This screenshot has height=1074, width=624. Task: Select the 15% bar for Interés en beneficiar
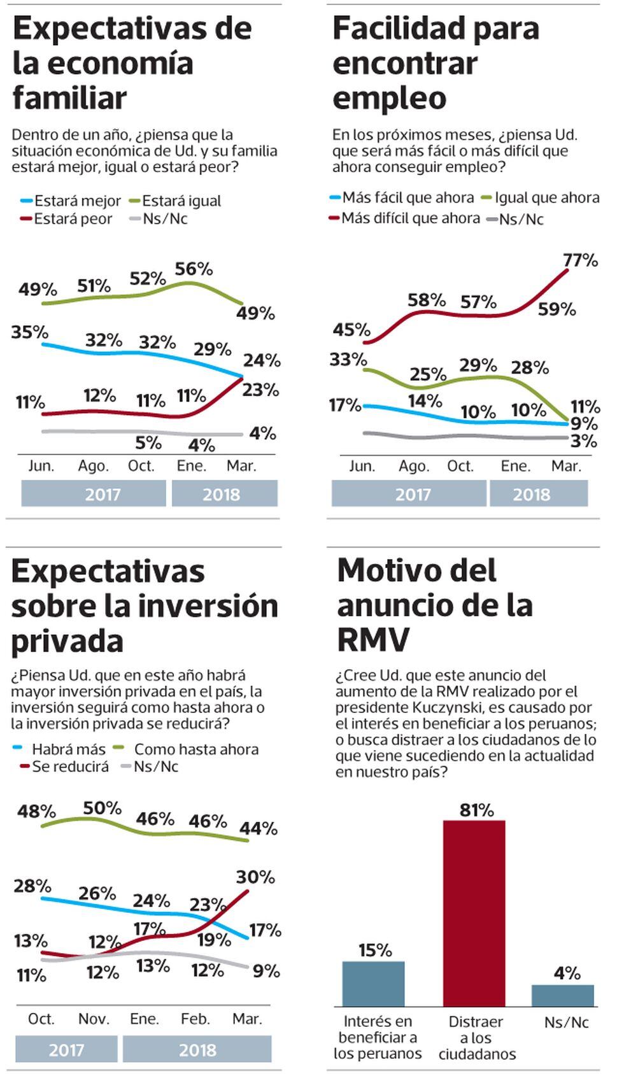tap(373, 983)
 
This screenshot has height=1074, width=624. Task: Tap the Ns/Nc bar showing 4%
tap(562, 995)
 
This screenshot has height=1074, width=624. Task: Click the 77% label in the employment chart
tap(580, 260)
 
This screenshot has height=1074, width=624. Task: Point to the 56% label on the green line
tap(194, 269)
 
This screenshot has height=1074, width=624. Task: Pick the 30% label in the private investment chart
tap(255, 877)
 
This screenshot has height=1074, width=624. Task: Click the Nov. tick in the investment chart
tap(94, 1019)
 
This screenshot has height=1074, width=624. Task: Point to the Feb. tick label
tap(195, 1019)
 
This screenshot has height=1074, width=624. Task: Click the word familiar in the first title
tap(69, 98)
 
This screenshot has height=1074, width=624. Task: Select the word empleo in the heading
tap(389, 99)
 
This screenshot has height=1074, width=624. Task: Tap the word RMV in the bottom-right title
tap(373, 640)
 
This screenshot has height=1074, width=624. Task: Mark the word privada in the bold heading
tap(67, 640)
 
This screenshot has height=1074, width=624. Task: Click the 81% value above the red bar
tap(476, 810)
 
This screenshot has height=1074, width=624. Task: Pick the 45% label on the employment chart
tap(351, 330)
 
